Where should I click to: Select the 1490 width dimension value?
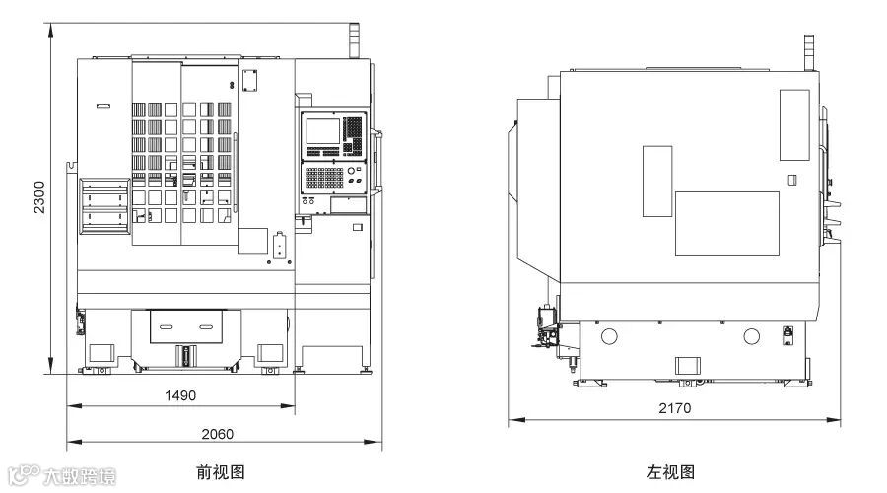pos(180,395)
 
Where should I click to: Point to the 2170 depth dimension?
pos(675,408)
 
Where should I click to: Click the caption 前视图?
pos(221,472)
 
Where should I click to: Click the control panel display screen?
pos(321,131)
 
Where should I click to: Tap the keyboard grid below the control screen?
pos(323,177)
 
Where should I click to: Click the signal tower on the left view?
pos(808,52)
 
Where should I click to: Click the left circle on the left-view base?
pos(608,336)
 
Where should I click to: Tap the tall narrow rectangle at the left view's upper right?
pos(794,125)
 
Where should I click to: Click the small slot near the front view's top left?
pos(103,105)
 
